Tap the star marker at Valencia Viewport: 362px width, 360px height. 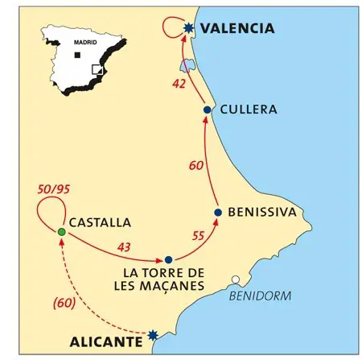point(188,28)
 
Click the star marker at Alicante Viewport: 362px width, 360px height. point(154,334)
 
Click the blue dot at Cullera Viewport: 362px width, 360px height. point(208,110)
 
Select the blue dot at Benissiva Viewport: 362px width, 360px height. point(218,213)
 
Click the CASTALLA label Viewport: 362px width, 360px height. point(99,222)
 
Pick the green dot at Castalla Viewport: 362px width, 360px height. point(61,233)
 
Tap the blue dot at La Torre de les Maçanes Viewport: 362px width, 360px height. point(168,259)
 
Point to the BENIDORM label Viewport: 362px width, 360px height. point(260,296)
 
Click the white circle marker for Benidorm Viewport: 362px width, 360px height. point(236,281)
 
